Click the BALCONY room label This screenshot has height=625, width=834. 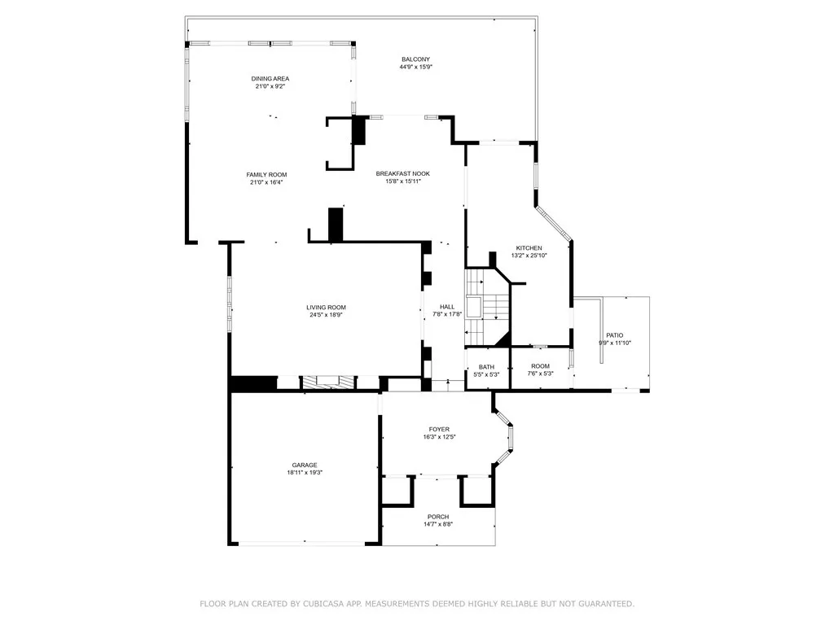[415, 59]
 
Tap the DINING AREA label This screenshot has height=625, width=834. [270, 78]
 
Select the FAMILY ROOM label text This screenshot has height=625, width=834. [266, 175]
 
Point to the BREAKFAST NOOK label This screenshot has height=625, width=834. [402, 173]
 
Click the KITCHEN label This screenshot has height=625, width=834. [529, 247]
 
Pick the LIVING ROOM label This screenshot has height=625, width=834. [326, 308]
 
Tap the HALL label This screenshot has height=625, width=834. [447, 307]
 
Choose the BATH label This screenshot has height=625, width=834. [486, 366]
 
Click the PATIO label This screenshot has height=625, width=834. [614, 335]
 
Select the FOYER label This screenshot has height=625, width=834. [439, 429]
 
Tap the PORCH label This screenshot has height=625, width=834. [437, 517]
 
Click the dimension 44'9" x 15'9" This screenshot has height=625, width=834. [415, 68]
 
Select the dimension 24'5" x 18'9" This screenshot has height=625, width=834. [326, 316]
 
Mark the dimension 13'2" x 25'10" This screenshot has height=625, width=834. [529, 256]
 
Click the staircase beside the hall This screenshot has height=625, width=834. [486, 308]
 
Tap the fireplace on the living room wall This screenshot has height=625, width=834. [328, 381]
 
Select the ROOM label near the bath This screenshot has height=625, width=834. [540, 366]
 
